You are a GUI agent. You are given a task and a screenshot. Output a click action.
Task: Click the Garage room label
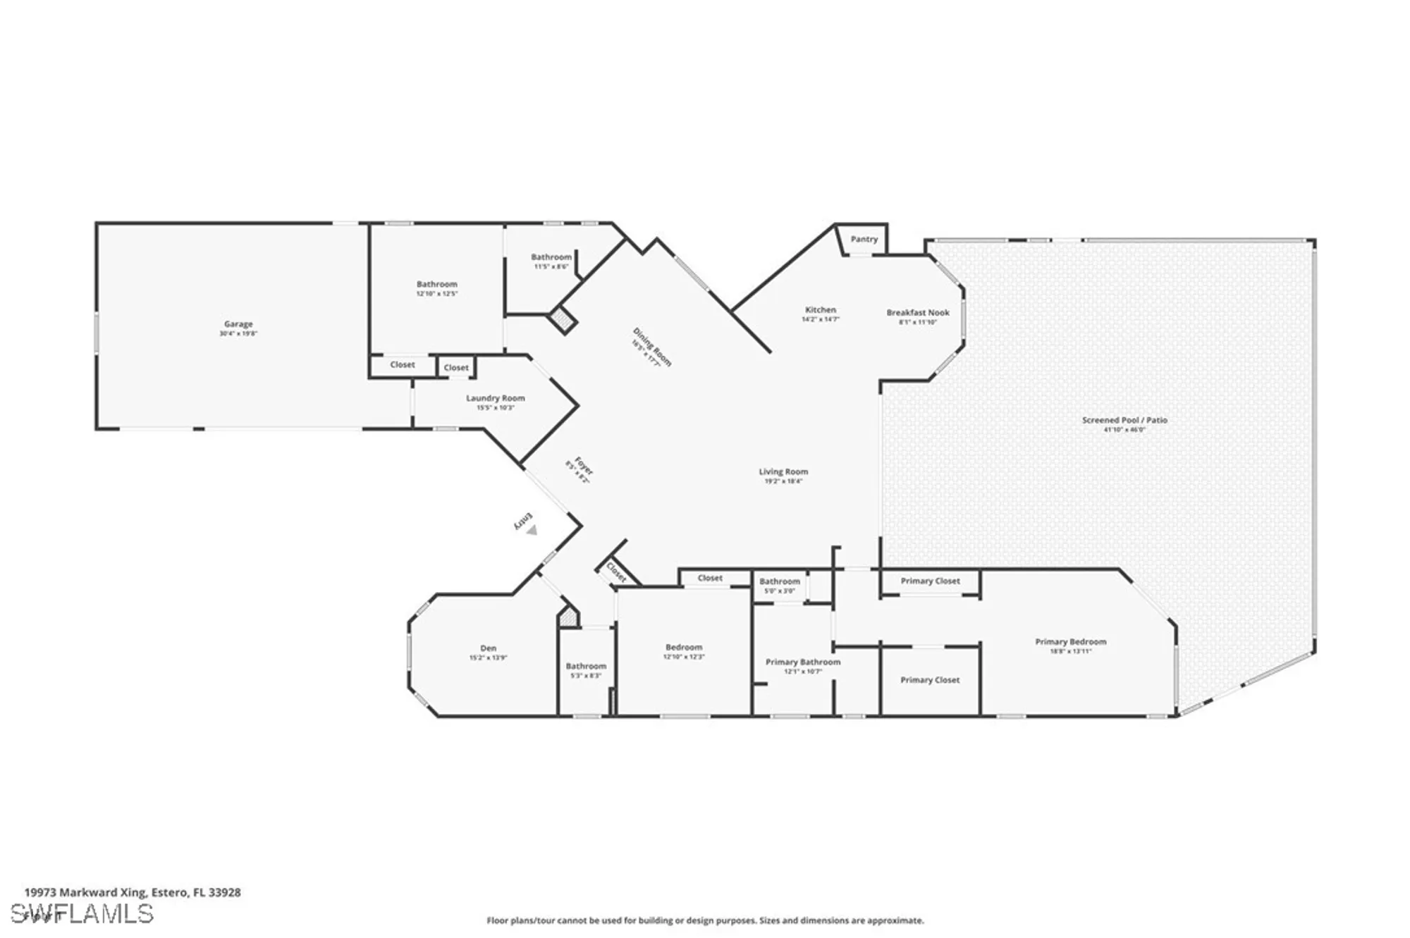coord(238,324)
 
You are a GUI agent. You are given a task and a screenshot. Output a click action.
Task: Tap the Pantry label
coord(864,239)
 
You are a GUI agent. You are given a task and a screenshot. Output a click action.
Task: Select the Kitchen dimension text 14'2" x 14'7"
coord(820,319)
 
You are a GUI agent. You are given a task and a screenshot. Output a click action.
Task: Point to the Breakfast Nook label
coord(917,312)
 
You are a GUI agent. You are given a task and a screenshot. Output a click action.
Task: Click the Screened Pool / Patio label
coord(1124,420)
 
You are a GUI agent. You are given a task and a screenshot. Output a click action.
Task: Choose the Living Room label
coord(783,471)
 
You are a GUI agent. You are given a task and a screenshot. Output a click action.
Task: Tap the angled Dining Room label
coord(652,347)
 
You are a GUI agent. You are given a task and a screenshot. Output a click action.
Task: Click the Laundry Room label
coord(495,398)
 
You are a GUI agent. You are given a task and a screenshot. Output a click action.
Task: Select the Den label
coord(488,648)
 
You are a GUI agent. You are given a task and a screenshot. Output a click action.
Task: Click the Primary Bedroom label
coord(1070,641)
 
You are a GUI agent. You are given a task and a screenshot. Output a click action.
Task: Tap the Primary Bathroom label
coord(802,662)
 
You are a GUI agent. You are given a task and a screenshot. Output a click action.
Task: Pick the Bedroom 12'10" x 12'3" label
coord(683,647)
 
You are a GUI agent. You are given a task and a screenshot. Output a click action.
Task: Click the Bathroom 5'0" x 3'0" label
coord(779,581)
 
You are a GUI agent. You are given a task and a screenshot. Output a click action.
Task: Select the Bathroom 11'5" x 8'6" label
coord(551,257)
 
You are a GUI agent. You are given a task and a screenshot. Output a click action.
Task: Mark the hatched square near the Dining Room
coord(563,320)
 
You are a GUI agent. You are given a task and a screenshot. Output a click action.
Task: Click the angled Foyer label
coord(582,466)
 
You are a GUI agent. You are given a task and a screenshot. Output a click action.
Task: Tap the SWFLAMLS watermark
coord(88,913)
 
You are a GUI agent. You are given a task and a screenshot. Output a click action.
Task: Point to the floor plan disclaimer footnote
coord(704,920)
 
